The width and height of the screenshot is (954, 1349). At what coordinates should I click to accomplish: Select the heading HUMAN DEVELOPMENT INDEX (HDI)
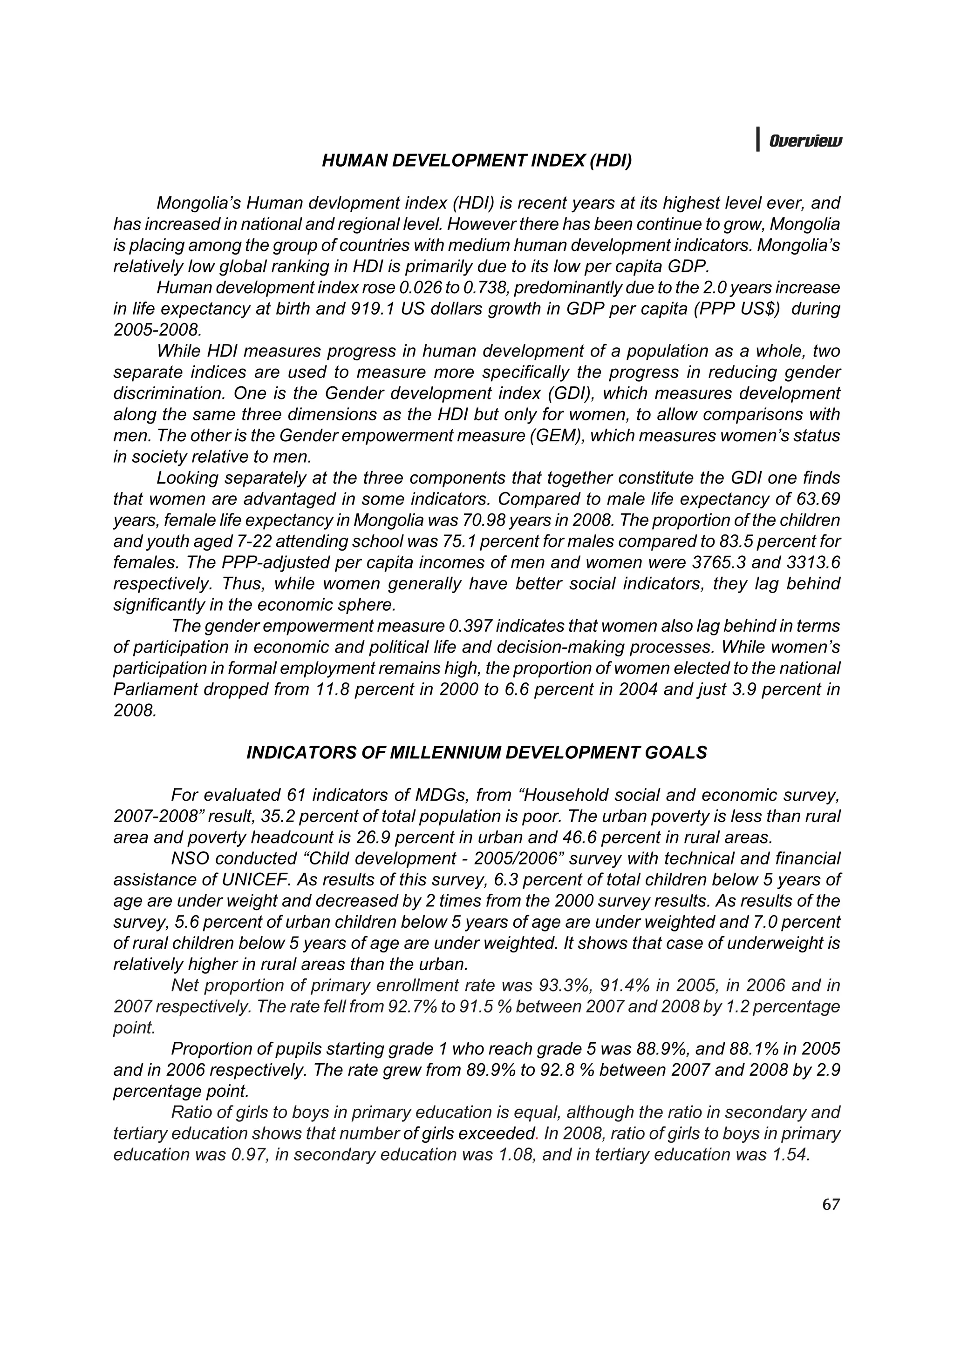tap(477, 161)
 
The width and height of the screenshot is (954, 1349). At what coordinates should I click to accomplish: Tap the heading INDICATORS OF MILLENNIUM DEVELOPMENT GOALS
tap(477, 753)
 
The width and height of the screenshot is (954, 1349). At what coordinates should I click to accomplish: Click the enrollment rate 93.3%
tap(564, 986)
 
